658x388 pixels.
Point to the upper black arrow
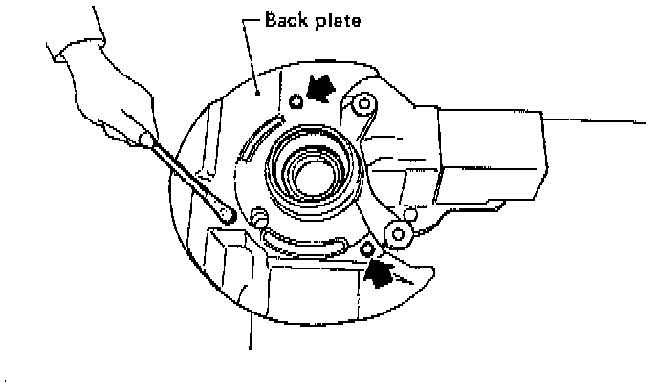pyautogui.click(x=323, y=89)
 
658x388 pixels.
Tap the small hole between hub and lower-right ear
pyautogui.click(x=408, y=210)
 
